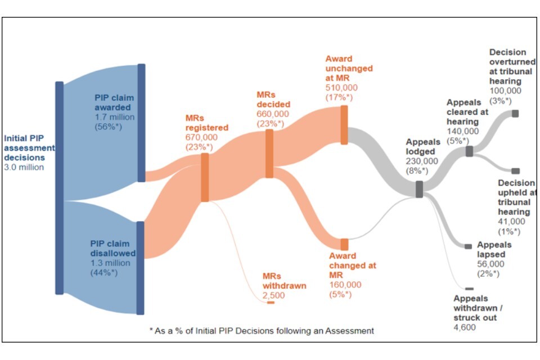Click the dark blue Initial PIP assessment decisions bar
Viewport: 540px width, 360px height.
tap(60, 188)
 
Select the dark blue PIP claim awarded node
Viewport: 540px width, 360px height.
tap(141, 123)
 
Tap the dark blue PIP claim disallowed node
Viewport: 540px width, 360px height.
tap(140, 268)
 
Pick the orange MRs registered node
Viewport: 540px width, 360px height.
tap(205, 177)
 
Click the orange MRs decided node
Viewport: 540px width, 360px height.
tap(269, 154)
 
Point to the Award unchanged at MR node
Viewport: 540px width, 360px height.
tap(344, 125)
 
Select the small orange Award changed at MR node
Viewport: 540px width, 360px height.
tap(344, 245)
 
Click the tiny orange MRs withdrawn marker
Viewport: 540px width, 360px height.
tap(271, 303)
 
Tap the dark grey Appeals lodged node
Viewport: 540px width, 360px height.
tap(419, 189)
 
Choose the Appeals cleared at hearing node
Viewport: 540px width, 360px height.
tap(469, 151)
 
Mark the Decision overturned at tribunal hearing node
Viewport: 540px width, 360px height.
tap(515, 113)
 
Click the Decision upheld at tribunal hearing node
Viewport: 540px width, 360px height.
tap(516, 171)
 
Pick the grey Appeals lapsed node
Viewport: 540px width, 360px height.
tap(469, 246)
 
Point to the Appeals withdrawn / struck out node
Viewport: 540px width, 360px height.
tap(469, 289)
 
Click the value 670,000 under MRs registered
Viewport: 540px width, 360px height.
tap(201, 137)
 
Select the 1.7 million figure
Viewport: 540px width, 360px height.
tap(115, 117)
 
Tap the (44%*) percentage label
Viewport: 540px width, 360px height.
tap(104, 273)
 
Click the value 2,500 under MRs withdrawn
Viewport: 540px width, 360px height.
tap(274, 295)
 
